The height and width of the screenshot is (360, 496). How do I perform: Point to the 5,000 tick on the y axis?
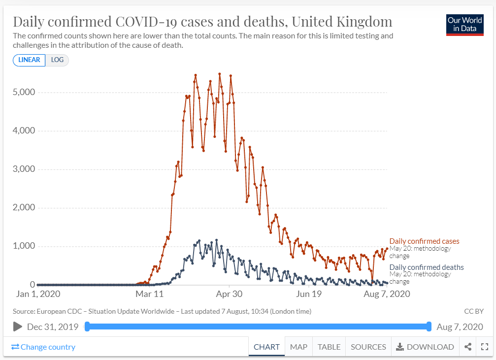(x=23, y=93)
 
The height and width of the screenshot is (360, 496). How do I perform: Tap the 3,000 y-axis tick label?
(x=23, y=169)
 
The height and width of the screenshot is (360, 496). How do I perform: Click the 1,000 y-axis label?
(x=23, y=246)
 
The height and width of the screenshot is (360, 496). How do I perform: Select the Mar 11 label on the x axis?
(x=149, y=294)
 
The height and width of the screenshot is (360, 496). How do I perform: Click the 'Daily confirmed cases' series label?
(x=424, y=241)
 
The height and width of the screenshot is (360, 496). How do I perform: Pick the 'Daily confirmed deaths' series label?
(x=427, y=267)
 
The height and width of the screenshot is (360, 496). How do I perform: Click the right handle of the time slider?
(x=429, y=327)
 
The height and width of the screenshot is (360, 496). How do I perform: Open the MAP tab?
(x=298, y=347)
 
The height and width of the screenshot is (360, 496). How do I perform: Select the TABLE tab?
(x=329, y=347)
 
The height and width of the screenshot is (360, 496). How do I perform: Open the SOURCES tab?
(x=368, y=347)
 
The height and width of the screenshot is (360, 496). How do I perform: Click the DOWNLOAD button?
(x=425, y=347)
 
